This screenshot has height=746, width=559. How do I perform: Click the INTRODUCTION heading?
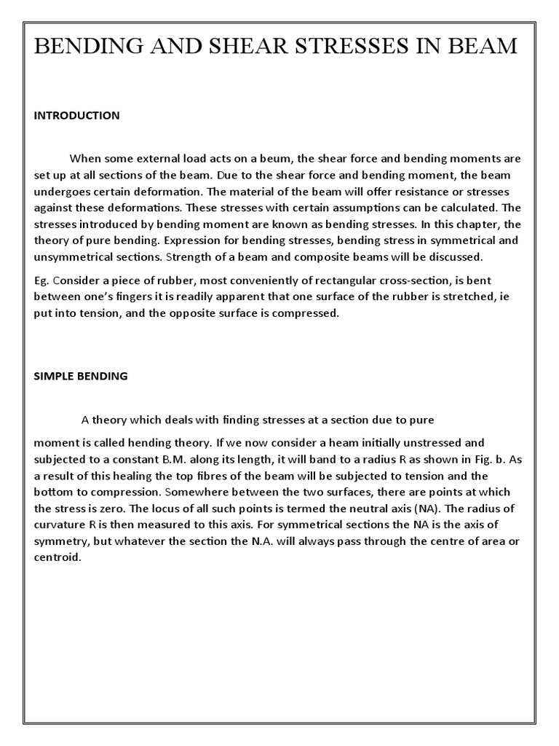[76, 115]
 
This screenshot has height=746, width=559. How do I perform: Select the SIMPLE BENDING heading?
[81, 376]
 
